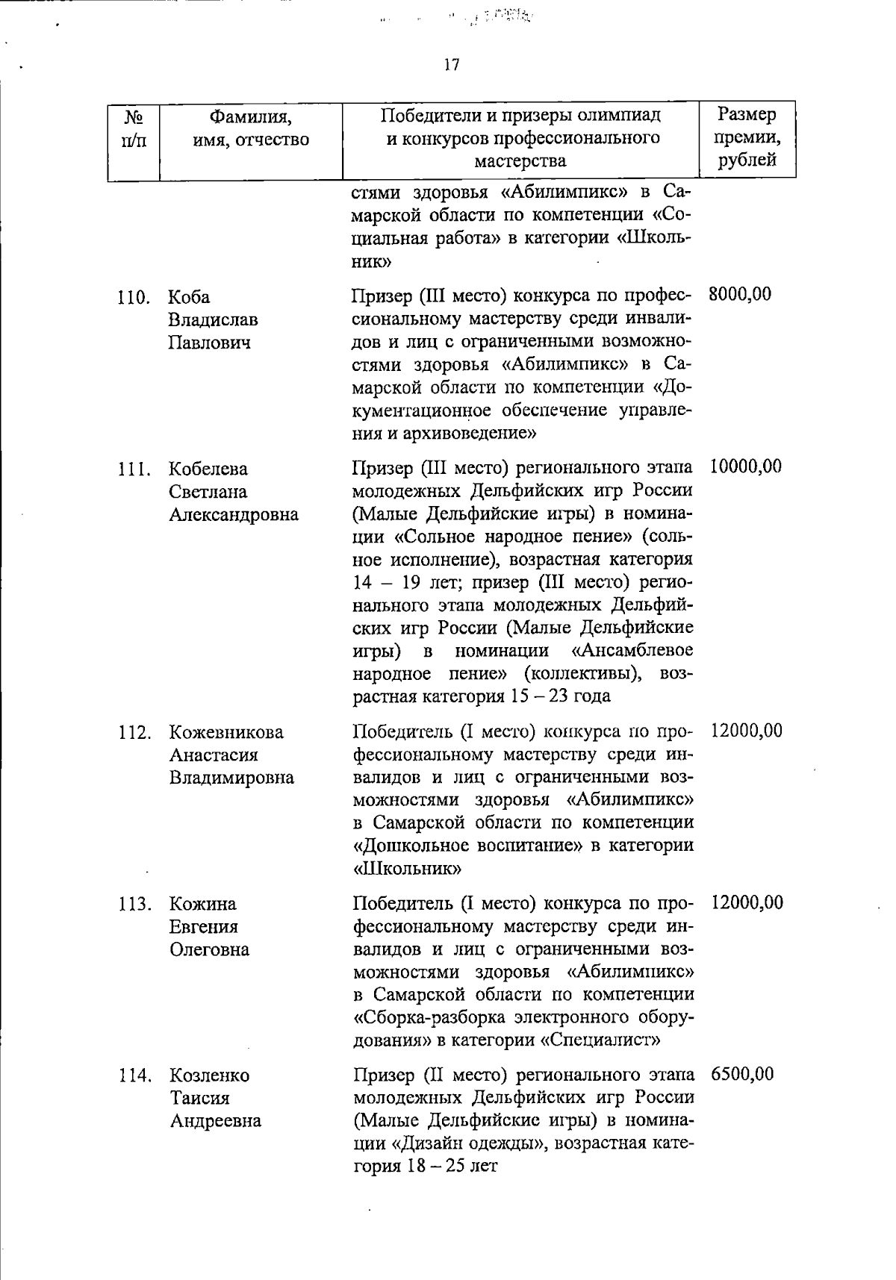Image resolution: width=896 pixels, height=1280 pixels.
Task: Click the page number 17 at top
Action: (x=451, y=65)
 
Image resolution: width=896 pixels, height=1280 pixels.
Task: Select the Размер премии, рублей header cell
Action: (x=747, y=137)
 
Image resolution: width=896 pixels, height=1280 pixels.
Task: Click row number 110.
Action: (x=134, y=297)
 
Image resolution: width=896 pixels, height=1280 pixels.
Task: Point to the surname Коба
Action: (x=189, y=297)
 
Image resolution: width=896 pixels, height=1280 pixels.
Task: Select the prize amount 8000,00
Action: (x=740, y=294)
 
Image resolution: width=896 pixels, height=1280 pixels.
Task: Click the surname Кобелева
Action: (x=208, y=469)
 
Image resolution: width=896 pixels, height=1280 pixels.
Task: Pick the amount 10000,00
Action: (x=746, y=466)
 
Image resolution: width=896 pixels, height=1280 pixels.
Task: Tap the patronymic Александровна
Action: (x=234, y=514)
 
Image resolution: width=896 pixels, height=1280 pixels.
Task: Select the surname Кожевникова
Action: (x=226, y=732)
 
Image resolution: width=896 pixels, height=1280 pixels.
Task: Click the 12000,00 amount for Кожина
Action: (x=747, y=902)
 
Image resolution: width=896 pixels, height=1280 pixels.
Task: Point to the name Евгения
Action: (x=204, y=927)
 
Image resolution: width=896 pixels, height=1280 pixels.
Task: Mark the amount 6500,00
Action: (x=742, y=1074)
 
